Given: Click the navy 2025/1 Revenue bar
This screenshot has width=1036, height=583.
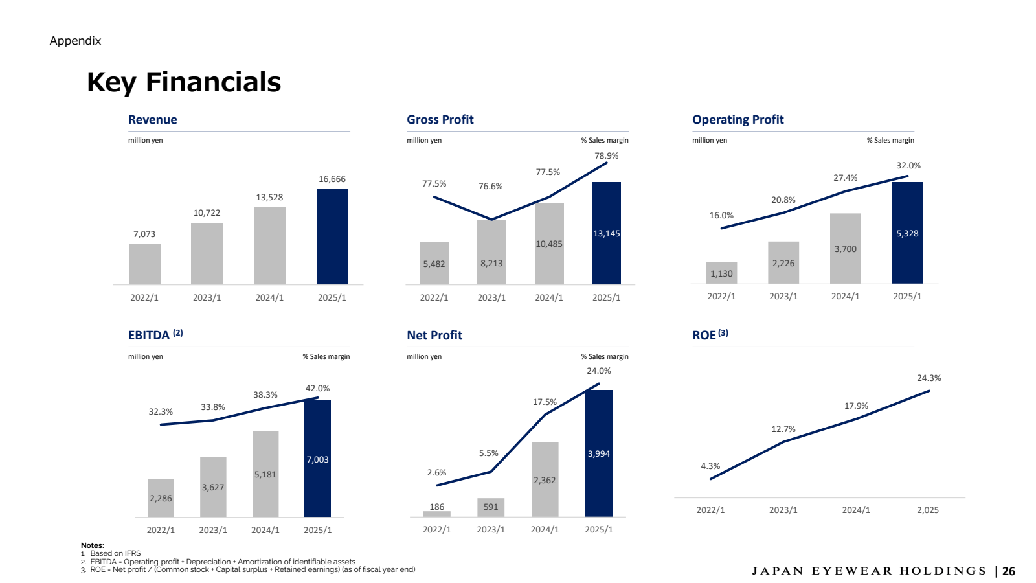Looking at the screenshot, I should tap(332, 236).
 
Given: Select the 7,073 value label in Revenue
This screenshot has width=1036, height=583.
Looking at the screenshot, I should tap(144, 234).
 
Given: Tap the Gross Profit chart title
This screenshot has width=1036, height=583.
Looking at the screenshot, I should tap(440, 120).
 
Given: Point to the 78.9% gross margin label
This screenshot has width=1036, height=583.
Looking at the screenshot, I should tap(606, 155).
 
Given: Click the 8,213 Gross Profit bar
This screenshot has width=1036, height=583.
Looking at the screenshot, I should tap(491, 252).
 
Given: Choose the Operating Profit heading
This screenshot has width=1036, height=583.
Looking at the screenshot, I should tap(738, 120).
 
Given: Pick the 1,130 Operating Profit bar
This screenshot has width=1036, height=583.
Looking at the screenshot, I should tap(721, 273).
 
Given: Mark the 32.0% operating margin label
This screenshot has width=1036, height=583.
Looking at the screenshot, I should tap(908, 166).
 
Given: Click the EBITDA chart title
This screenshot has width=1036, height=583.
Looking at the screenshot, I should tap(149, 335).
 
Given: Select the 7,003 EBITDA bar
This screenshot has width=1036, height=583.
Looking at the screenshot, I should tap(317, 459).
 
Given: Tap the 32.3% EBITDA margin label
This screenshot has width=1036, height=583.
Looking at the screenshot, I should tap(161, 411).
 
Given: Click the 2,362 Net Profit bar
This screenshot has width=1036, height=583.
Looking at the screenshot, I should tap(545, 479).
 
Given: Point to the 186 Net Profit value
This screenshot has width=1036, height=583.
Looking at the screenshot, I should tap(437, 507).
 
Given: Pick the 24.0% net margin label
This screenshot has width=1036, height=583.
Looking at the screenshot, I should tap(598, 371).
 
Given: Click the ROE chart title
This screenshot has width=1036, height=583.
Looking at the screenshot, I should tap(704, 335).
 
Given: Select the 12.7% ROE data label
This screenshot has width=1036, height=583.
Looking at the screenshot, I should tap(783, 429).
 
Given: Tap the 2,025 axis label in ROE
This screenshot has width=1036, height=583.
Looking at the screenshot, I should tap(927, 510).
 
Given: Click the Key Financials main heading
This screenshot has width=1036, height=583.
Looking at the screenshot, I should tap(184, 82).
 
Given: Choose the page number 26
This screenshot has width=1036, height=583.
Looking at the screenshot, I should tap(1009, 571).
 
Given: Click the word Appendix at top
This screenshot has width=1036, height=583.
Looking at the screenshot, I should tap(75, 41).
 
